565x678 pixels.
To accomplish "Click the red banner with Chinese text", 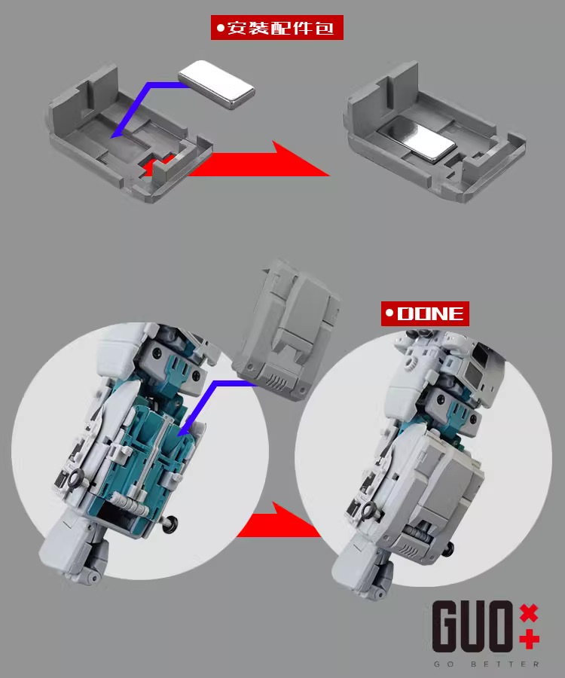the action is click(x=276, y=28).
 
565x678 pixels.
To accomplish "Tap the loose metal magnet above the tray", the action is click(x=215, y=84).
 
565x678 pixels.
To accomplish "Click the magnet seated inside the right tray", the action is click(x=416, y=139).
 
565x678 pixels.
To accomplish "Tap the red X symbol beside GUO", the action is click(x=529, y=612).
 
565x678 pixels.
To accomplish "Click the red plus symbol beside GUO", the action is click(x=529, y=640).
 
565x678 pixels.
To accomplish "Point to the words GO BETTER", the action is click(x=487, y=664).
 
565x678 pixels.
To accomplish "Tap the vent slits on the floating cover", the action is click(x=278, y=382).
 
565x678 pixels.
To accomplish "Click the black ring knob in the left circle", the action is click(x=76, y=479).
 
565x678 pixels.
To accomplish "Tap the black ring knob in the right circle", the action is click(x=370, y=511).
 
